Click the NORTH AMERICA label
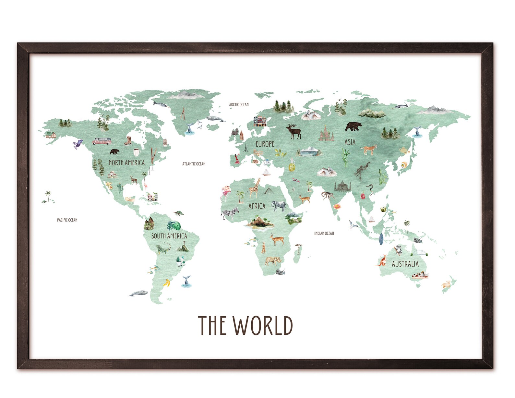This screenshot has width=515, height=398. pos(126,163)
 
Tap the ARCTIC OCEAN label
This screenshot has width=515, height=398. pos(239,104)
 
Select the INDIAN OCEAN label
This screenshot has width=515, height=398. pos(324,233)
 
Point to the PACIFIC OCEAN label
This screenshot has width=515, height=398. pos(67,220)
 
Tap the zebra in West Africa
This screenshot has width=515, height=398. pos(230,213)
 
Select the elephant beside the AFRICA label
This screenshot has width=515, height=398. pos(279,206)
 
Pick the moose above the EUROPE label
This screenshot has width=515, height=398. pos(294,131)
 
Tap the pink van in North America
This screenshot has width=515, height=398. pos(102,141)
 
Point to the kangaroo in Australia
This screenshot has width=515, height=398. pos(383,260)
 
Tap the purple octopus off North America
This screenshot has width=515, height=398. pos(78,143)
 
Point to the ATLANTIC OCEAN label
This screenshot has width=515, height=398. pos(194,164)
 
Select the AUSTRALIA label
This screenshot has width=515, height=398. pos(405,264)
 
